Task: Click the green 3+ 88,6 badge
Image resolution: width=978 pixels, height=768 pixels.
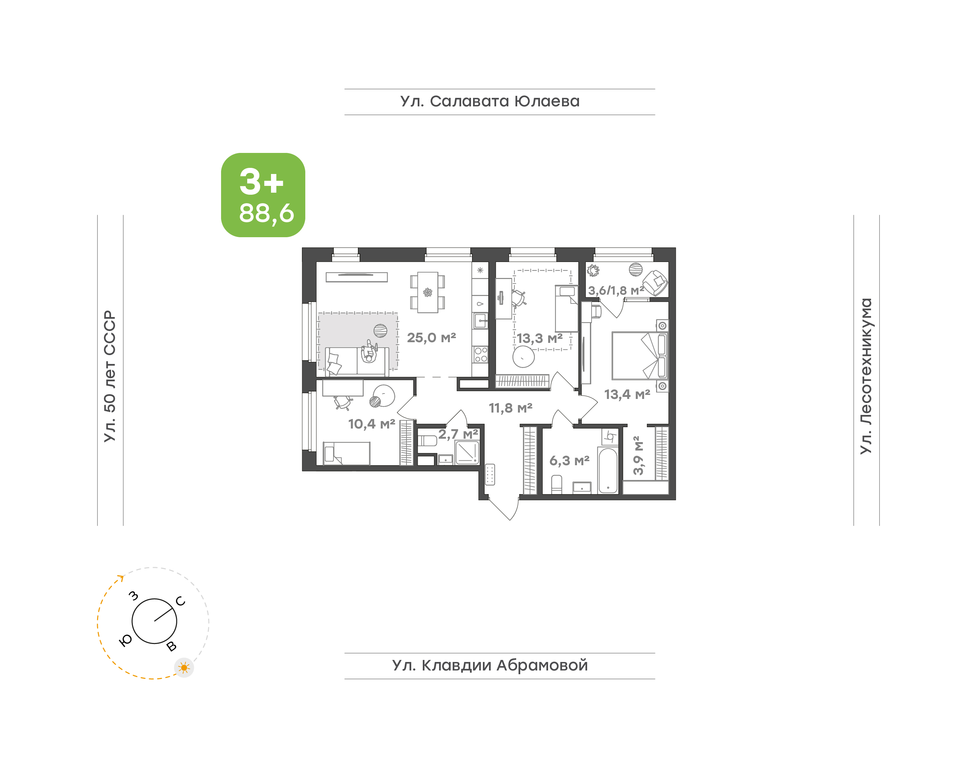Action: (263, 195)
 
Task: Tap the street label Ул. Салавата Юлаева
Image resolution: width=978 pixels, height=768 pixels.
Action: (490, 101)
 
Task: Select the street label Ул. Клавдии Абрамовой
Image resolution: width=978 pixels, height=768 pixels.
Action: (490, 665)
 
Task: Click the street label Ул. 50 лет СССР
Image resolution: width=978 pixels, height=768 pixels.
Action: (110, 376)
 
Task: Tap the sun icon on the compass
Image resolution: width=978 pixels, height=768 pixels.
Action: (184, 668)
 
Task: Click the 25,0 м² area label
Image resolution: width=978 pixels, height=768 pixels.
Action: (431, 338)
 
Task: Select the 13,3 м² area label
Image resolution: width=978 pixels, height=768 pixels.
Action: (539, 338)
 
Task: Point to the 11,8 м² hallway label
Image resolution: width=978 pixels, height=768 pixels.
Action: (510, 408)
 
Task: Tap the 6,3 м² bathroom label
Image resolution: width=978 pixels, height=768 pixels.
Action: (569, 460)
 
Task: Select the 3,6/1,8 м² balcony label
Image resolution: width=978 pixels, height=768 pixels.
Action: (616, 291)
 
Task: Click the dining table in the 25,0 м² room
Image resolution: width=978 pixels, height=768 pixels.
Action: (428, 292)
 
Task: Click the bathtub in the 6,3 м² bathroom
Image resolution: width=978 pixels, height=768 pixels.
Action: (608, 470)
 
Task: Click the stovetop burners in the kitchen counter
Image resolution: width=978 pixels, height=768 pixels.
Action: (480, 354)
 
